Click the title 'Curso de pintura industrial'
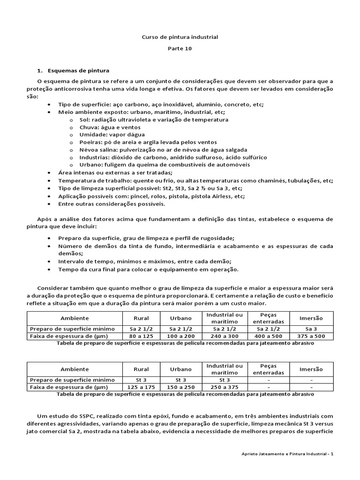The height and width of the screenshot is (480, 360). coord(180,36)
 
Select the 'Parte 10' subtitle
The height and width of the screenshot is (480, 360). coord(180,48)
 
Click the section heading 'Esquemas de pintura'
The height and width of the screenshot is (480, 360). coord(78,71)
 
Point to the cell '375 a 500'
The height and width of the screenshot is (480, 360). coord(311,336)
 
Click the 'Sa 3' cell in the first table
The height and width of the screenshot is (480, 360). coord(311,329)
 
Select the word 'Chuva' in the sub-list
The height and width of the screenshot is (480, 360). coord(88,127)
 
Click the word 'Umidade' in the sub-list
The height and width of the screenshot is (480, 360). coord(91,135)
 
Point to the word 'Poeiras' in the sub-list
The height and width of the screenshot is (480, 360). coord(90,142)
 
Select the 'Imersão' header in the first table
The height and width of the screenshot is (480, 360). coord(311,318)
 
